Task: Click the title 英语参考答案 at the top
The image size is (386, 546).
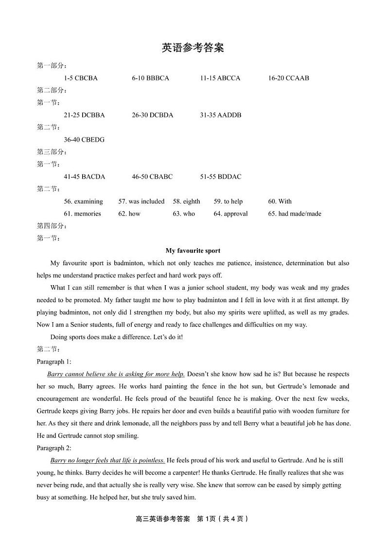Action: tap(193, 48)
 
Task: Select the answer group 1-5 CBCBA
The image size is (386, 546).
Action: tap(81, 78)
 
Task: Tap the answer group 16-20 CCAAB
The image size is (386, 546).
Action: tap(288, 78)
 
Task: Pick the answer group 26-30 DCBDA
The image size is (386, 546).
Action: tap(152, 115)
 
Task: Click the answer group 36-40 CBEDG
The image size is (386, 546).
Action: tap(84, 140)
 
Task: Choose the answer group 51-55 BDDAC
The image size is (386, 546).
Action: tap(220, 177)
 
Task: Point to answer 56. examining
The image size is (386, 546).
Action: tap(83, 201)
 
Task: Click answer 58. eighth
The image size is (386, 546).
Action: tap(186, 201)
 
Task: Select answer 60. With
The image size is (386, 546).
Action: tap(280, 201)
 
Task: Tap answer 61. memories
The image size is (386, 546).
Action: tap(82, 214)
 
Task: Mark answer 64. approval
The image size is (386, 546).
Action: tap(230, 214)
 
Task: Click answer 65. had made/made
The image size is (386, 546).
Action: tap(295, 214)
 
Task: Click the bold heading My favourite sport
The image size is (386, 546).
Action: tap(193, 251)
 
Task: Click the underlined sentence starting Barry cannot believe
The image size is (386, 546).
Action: tap(116, 374)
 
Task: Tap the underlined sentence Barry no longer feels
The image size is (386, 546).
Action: tap(107, 460)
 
